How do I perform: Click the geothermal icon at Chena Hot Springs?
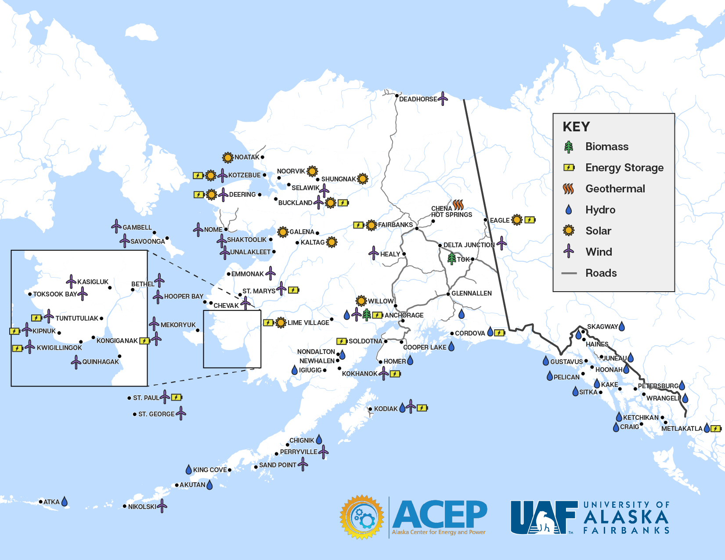[x=458, y=205]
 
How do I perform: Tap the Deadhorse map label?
[x=418, y=99]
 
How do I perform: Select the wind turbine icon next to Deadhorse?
[x=443, y=98]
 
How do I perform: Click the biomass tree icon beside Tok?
[x=451, y=258]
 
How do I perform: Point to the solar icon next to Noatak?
[x=227, y=157]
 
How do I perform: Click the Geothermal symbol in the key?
[x=569, y=189]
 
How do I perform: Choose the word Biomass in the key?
[x=606, y=147]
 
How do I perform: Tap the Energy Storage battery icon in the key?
[x=569, y=167]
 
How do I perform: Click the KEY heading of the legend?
[x=576, y=127]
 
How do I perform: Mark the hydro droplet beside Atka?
[x=65, y=501]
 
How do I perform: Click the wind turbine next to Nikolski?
[x=162, y=506]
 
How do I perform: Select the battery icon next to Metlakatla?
[x=716, y=428]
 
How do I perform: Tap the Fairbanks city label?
[x=395, y=225]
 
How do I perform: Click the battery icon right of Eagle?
[x=530, y=220]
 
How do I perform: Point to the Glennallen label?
[x=471, y=293]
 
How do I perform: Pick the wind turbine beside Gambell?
[x=116, y=226]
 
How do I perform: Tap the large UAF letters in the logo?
[x=544, y=517]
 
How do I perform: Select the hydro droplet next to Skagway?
[x=621, y=326]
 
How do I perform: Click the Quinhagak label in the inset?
[x=100, y=362]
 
